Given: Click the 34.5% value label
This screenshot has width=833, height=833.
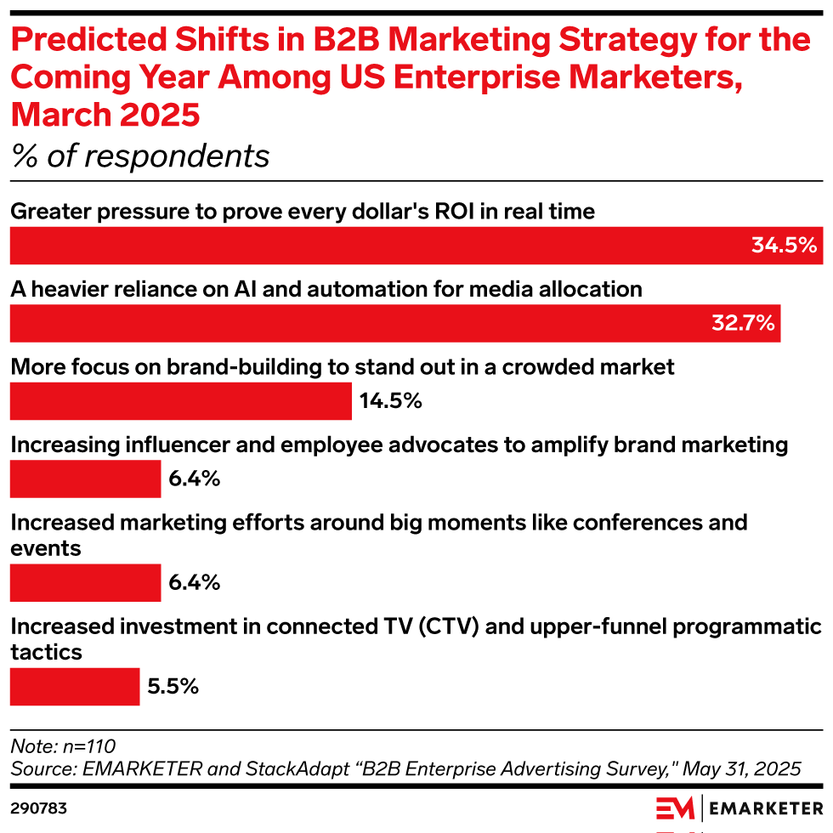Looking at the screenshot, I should coord(784,246).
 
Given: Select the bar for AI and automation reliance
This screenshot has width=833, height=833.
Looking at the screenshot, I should coord(394,324).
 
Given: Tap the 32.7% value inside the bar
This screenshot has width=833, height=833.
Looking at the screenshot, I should coord(742,323).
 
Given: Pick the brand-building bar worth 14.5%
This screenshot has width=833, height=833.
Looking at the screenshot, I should coord(180,401).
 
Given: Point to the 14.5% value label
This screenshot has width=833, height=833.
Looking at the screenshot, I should coord(391,401).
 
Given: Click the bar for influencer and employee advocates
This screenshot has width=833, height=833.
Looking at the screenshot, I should coord(85,479).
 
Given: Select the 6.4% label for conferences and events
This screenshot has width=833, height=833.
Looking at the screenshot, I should coord(194,582).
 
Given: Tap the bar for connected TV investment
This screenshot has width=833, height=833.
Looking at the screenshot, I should coord(75,686).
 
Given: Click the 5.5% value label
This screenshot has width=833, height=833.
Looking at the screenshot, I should coord(173,686).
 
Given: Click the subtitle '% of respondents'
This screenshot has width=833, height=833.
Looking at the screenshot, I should coord(140,156).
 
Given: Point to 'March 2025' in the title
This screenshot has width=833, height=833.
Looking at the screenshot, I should coord(106,114).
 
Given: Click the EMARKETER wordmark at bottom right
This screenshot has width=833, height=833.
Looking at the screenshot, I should coord(766,807).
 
